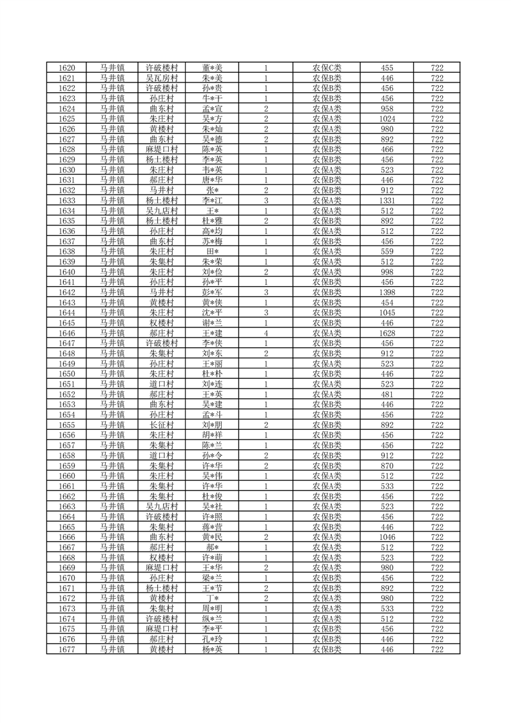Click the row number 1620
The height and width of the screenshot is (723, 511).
tap(67, 68)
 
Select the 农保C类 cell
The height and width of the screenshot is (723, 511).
tap(327, 68)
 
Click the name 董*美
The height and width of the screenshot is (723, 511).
tap(212, 68)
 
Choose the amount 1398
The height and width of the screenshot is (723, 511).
tap(387, 292)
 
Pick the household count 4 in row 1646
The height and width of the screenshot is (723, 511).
tap(265, 333)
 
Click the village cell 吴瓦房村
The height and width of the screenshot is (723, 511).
tap(161, 78)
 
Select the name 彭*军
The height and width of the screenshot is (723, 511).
tap(212, 292)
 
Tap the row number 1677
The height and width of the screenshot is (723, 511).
tap(67, 650)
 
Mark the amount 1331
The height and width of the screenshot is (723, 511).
tap(387, 200)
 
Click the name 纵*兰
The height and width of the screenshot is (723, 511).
tap(212, 619)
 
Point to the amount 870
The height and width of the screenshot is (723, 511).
tap(387, 466)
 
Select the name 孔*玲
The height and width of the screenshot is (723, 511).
tap(212, 639)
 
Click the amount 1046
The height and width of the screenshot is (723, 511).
tap(387, 537)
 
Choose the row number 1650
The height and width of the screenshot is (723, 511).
tap(67, 374)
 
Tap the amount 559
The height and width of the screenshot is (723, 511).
tap(387, 251)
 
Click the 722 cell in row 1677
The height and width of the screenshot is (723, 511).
tap(437, 650)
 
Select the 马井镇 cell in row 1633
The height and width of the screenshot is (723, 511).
tap(112, 200)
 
